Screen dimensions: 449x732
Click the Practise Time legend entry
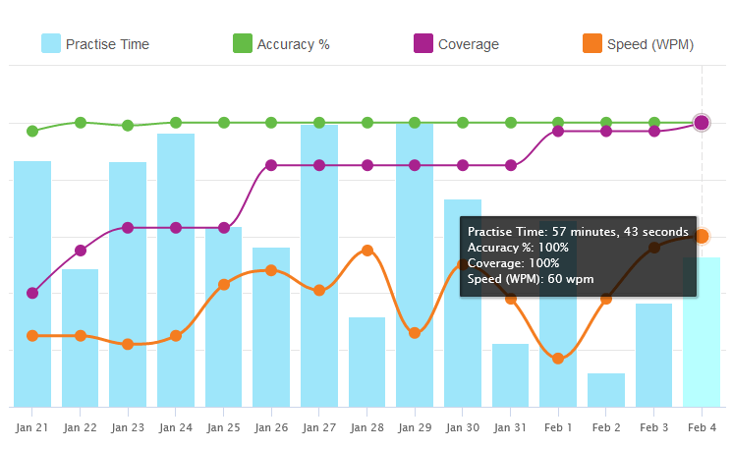tap(95, 44)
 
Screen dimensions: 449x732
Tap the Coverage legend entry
tap(457, 44)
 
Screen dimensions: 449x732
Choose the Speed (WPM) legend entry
tap(640, 44)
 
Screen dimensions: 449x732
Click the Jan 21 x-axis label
tap(32, 428)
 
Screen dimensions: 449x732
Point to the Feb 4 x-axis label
tap(702, 428)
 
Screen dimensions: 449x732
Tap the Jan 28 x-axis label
tap(367, 428)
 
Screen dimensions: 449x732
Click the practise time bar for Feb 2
tap(606, 390)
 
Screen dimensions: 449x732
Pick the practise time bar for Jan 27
tap(319, 265)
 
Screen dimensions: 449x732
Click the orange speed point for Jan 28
tap(367, 251)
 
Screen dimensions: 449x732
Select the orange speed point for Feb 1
tap(558, 359)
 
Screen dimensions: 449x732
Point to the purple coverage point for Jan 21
tap(32, 293)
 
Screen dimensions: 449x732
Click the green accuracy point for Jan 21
tap(32, 131)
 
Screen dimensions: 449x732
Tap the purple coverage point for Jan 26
tap(271, 165)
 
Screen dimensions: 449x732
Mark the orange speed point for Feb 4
tap(702, 236)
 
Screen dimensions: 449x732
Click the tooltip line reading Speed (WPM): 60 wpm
tap(531, 279)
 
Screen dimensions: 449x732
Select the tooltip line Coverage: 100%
tap(514, 263)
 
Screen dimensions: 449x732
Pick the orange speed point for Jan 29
tap(415, 333)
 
